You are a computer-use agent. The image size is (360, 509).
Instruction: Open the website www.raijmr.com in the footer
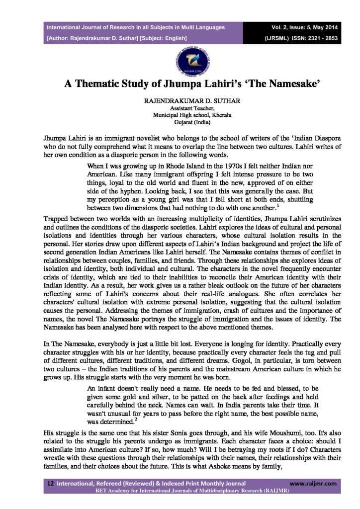(x=313, y=483)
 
